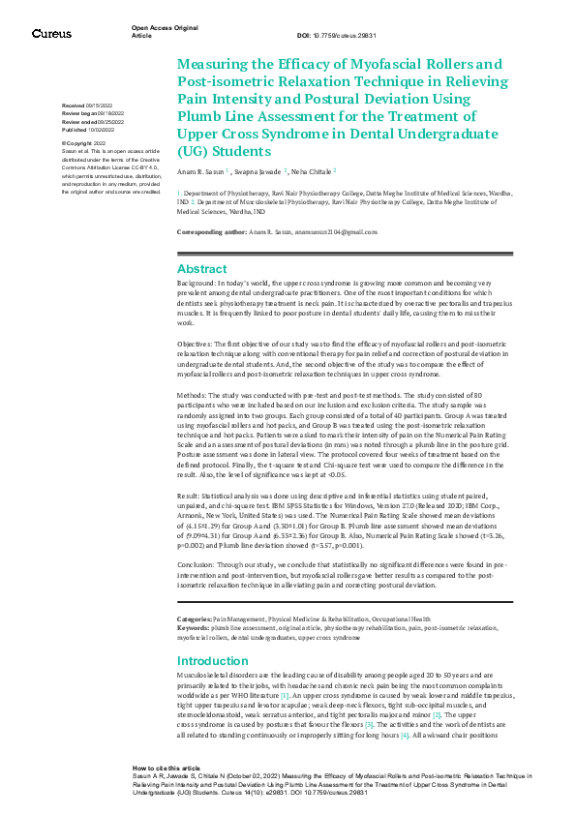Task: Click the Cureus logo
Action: click(51, 34)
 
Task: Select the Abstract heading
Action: click(202, 269)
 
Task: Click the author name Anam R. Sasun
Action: click(199, 170)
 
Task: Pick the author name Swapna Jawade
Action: click(257, 170)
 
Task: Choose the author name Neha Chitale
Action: click(311, 170)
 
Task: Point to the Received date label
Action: click(73, 105)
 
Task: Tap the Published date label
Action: click(75, 128)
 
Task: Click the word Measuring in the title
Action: click(214, 64)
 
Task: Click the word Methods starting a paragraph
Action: click(193, 397)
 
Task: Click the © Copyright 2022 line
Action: click(83, 143)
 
